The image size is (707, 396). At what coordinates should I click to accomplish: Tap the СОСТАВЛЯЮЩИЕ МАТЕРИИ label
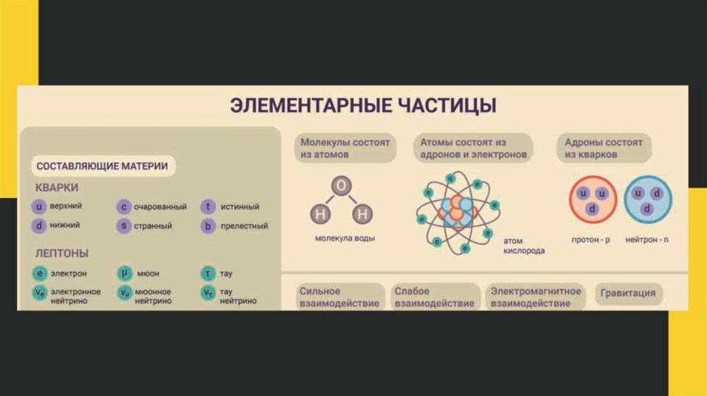(x=101, y=166)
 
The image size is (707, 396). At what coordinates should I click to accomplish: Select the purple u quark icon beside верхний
(x=39, y=206)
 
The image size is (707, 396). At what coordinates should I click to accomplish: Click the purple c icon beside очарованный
(x=124, y=206)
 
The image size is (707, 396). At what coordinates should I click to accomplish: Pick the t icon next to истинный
(x=207, y=206)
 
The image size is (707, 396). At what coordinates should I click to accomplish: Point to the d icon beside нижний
(x=39, y=225)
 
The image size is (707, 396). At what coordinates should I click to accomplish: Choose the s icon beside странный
(x=124, y=225)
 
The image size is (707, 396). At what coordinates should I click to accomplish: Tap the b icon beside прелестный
(x=207, y=225)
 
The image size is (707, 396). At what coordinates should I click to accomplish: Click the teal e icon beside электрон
(x=39, y=273)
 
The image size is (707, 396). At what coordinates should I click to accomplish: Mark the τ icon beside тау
(x=207, y=273)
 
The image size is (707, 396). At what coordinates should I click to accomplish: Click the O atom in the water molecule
(x=341, y=186)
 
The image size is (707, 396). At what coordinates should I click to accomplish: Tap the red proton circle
(x=592, y=199)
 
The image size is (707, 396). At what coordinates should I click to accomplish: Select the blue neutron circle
(x=648, y=199)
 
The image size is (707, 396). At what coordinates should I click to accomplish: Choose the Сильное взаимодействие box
(x=339, y=297)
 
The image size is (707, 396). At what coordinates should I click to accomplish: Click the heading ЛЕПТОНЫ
(x=61, y=253)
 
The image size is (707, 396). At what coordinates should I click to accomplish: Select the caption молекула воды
(x=345, y=238)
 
